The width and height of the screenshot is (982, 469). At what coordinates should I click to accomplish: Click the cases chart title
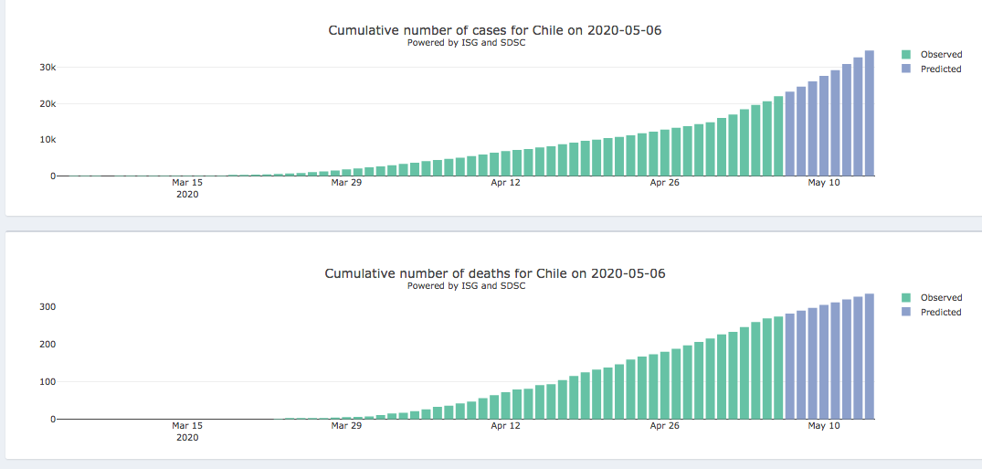[494, 31]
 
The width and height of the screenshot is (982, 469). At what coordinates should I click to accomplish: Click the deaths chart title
[494, 274]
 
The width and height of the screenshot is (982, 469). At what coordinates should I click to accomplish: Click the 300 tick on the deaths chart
[45, 307]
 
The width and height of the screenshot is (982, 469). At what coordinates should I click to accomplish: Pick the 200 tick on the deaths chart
[45, 345]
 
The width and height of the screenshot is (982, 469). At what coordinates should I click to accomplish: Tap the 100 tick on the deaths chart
[45, 382]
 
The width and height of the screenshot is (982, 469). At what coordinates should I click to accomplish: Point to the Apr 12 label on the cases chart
[505, 183]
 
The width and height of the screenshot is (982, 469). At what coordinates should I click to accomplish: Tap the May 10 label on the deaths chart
[824, 426]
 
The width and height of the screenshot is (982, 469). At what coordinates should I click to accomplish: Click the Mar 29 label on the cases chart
[346, 183]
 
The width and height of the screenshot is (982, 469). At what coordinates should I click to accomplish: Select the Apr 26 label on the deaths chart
[665, 426]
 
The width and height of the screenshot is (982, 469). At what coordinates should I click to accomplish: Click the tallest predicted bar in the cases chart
[870, 114]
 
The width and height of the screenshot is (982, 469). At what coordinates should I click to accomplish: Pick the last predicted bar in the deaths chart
[870, 357]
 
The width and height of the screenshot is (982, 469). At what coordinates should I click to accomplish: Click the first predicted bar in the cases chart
[790, 134]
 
